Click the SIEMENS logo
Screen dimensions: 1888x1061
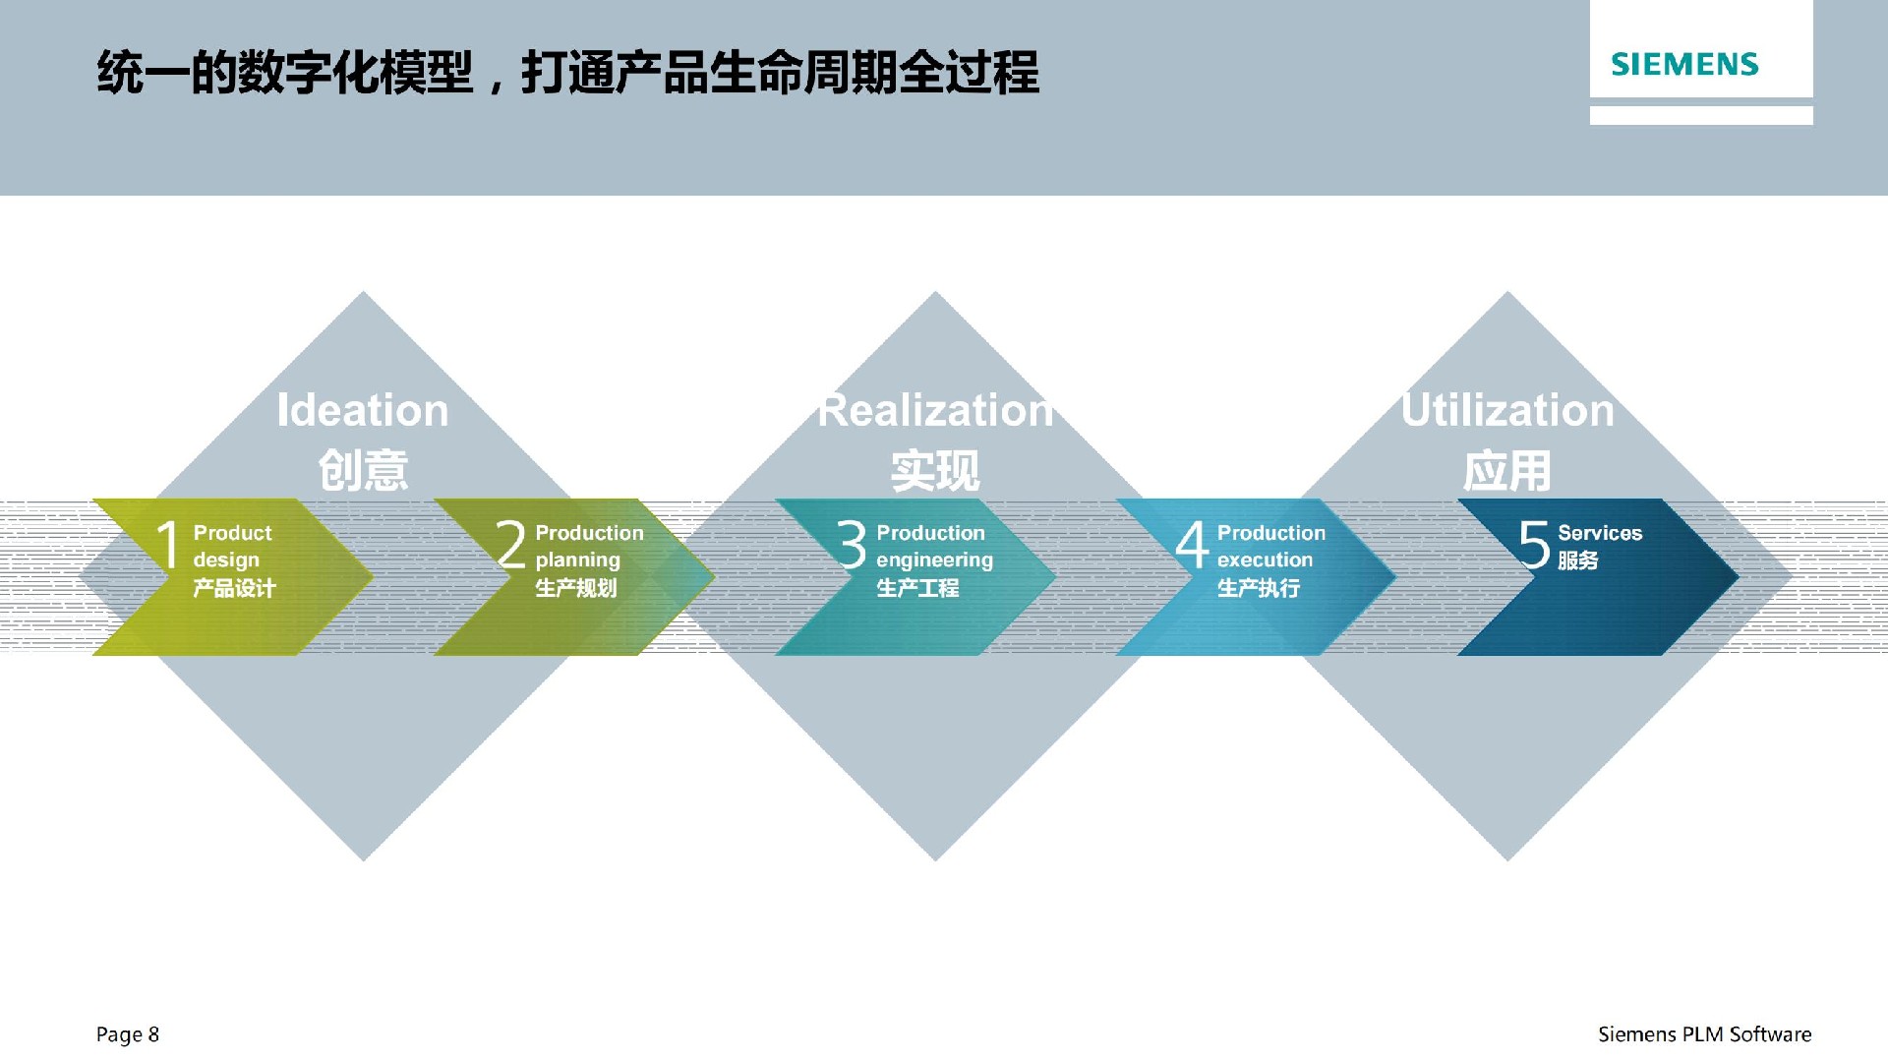click(x=1684, y=65)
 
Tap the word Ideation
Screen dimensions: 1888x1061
click(x=363, y=410)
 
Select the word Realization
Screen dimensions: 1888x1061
click(x=935, y=410)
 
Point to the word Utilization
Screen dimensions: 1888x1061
click(x=1507, y=410)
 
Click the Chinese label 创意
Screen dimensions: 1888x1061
click(x=363, y=470)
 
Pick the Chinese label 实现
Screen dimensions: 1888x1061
click(x=935, y=470)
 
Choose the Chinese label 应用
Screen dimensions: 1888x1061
click(x=1507, y=470)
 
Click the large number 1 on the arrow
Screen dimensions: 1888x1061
click(x=168, y=544)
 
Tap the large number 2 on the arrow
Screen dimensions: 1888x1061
click(x=510, y=544)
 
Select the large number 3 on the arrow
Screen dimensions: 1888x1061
click(x=852, y=544)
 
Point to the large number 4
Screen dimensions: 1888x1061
click(x=1192, y=544)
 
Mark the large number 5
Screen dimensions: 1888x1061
click(x=1534, y=544)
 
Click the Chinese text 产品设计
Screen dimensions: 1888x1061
click(x=234, y=588)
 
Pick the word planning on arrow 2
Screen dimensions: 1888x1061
click(x=577, y=560)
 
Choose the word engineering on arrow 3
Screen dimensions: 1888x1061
click(x=934, y=560)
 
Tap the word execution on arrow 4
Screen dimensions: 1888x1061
click(x=1265, y=560)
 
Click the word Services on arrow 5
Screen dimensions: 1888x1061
click(x=1600, y=533)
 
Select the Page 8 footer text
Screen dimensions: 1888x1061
click(x=128, y=1034)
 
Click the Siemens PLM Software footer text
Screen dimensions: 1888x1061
click(x=1704, y=1034)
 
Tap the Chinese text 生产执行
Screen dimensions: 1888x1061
click(x=1259, y=588)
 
